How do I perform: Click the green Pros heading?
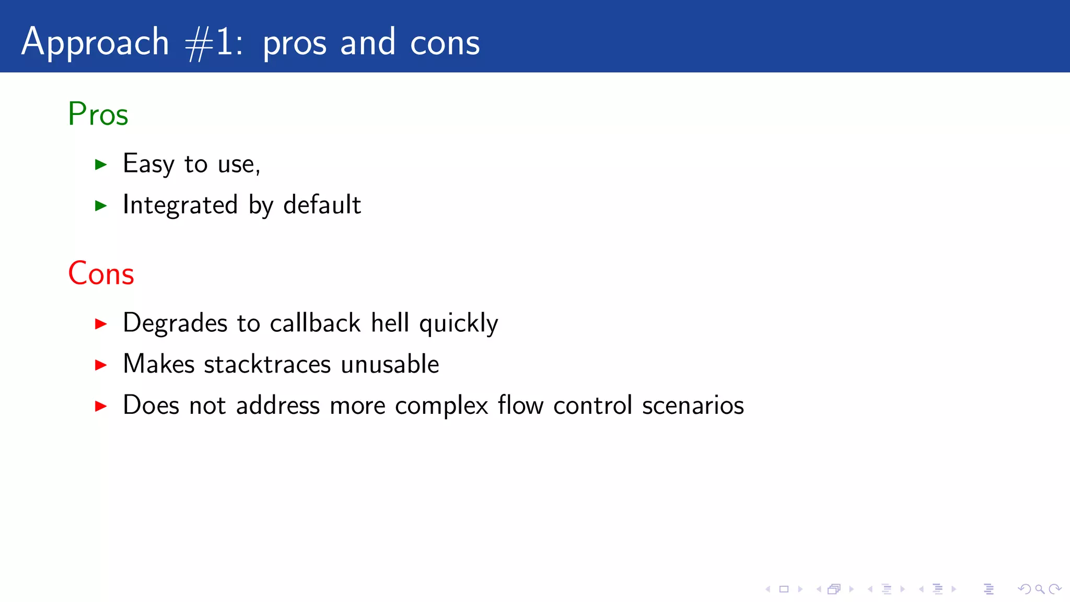pyautogui.click(x=98, y=114)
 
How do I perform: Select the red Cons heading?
pyautogui.click(x=101, y=273)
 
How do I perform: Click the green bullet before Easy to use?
pyautogui.click(x=101, y=165)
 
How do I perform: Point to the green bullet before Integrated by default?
pyautogui.click(x=101, y=206)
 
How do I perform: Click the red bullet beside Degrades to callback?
pyautogui.click(x=101, y=324)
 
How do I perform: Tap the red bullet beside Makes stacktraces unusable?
pyautogui.click(x=101, y=365)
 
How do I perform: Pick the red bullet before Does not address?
pyautogui.click(x=101, y=406)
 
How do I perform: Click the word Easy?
pyautogui.click(x=148, y=164)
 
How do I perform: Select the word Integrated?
pyautogui.click(x=180, y=205)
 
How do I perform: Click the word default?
pyautogui.click(x=322, y=205)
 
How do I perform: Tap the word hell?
pyautogui.click(x=390, y=323)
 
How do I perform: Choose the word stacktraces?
pyautogui.click(x=267, y=364)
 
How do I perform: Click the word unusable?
pyautogui.click(x=390, y=364)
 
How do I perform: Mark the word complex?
pyautogui.click(x=441, y=406)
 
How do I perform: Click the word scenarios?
pyautogui.click(x=693, y=406)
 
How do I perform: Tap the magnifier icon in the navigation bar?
pyautogui.click(x=1040, y=589)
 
